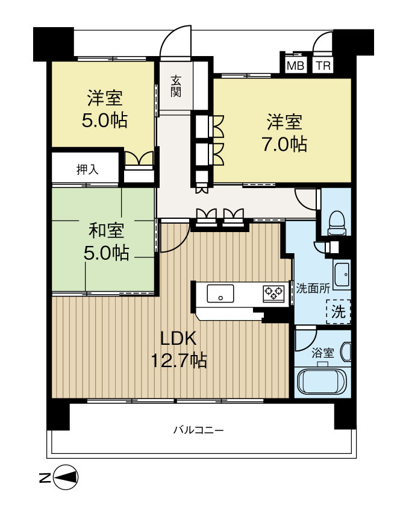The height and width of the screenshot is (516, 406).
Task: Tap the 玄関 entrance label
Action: click(x=176, y=86)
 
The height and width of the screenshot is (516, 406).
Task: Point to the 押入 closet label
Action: click(x=87, y=169)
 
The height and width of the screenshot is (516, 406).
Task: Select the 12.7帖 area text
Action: click(x=179, y=360)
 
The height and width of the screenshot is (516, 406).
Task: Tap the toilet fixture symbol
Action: click(x=336, y=222)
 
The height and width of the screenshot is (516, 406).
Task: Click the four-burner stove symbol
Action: click(x=273, y=294)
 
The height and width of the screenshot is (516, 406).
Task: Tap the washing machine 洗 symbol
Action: click(x=339, y=312)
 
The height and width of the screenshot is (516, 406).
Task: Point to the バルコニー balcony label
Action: click(x=198, y=430)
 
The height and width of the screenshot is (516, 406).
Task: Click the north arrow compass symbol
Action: click(x=66, y=479)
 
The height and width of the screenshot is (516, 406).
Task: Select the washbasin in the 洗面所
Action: click(x=342, y=275)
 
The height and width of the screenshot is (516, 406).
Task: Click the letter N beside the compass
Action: click(x=44, y=479)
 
